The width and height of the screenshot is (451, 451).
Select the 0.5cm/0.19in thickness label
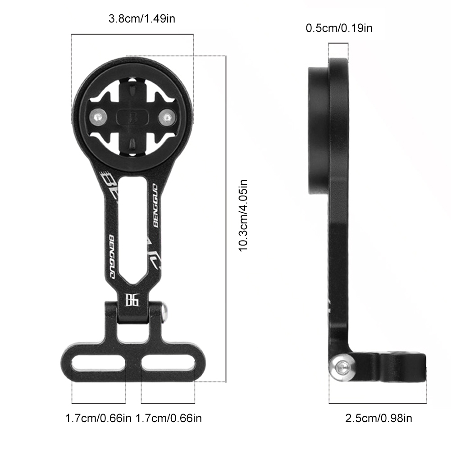point(339,28)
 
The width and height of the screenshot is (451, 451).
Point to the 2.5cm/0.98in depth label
point(378,418)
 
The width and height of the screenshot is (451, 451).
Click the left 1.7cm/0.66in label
point(98,418)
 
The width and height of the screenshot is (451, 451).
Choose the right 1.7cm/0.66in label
point(169,418)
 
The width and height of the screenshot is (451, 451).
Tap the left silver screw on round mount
point(98,117)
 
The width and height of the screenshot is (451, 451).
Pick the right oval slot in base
point(167,363)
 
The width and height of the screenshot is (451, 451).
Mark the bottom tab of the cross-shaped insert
point(133,145)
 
